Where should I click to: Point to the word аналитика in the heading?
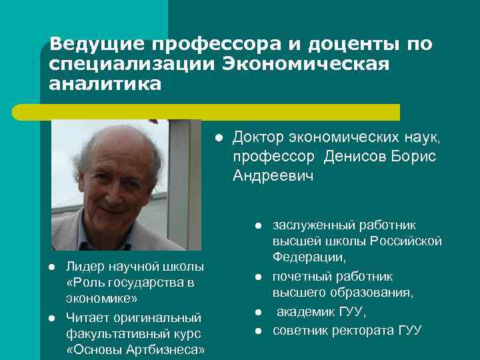pyautogui.click(x=105, y=85)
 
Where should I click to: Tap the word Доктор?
pyautogui.click(x=258, y=137)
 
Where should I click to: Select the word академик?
pyautogui.click(x=305, y=313)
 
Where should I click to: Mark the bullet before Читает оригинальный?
pyautogui.click(x=51, y=317)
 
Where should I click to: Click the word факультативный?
pyautogui.click(x=105, y=334)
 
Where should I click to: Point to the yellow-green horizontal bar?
pyautogui.click(x=220, y=111)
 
